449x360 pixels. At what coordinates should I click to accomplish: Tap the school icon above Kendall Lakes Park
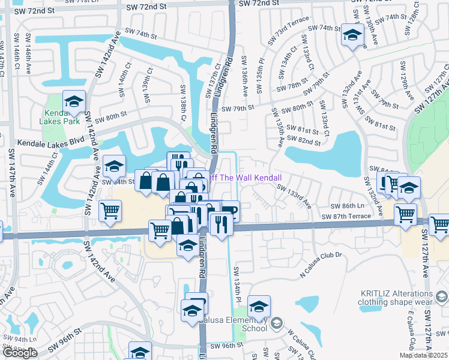tap(74, 101)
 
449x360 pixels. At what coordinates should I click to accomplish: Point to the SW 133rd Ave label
tap(294, 196)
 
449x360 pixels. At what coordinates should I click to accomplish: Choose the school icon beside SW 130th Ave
tap(351, 35)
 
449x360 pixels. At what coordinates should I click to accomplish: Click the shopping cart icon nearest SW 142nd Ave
tap(110, 211)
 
